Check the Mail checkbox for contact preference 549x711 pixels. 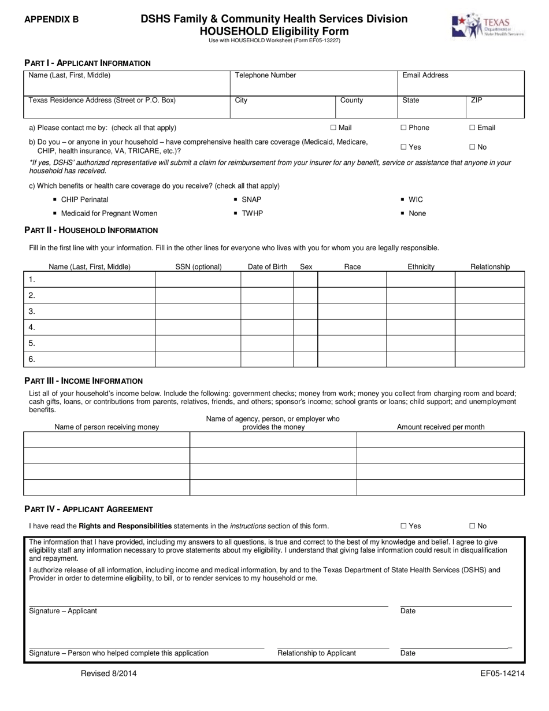click(333, 128)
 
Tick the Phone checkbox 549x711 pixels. click(403, 128)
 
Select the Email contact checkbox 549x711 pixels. click(472, 128)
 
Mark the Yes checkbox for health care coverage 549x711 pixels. click(403, 147)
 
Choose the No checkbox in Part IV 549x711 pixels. click(472, 526)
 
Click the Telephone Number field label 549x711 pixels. click(265, 75)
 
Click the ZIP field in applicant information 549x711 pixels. click(495, 108)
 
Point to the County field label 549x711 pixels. click(351, 101)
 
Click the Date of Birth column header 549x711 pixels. click(267, 267)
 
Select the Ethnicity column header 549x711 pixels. click(420, 267)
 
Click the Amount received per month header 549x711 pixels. click(440, 427)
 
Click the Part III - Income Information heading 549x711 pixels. click(83, 381)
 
